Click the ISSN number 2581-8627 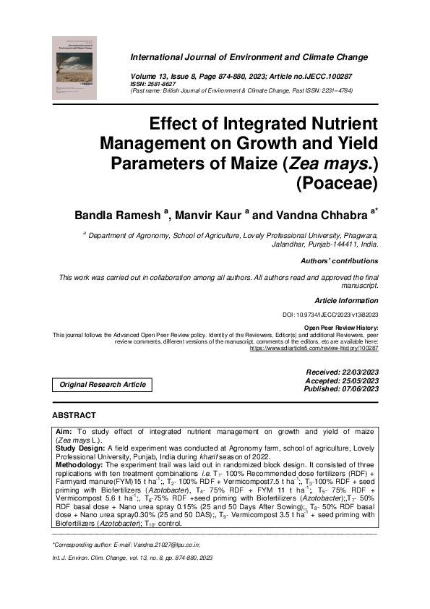[x=155, y=83]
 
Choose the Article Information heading [x=346, y=300]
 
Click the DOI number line [x=330, y=315]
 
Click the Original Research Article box [x=103, y=385]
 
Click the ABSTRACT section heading [x=74, y=415]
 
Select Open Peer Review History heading [x=341, y=328]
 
